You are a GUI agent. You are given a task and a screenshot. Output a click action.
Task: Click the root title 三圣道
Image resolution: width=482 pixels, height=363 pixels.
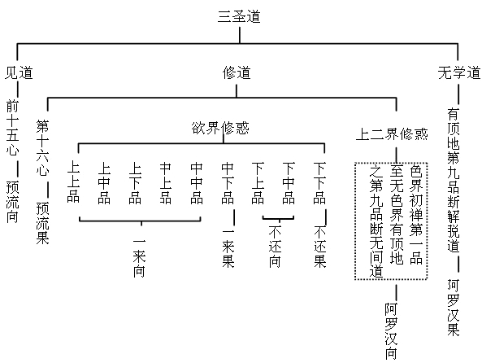tap(239, 16)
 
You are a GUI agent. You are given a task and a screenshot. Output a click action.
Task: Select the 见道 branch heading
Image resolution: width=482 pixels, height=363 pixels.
tap(19, 73)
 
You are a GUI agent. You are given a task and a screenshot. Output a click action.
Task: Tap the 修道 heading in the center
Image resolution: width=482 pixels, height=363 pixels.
tap(237, 73)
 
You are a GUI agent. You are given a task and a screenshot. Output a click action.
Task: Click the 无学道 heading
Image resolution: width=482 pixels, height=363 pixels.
tap(459, 73)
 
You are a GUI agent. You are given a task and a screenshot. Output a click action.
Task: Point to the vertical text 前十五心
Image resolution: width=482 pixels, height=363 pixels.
tap(12, 128)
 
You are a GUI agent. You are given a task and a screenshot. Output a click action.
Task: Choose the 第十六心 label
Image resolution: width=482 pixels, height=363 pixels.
tap(42, 148)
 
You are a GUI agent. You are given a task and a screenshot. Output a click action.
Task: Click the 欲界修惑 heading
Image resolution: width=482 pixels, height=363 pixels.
tap(220, 128)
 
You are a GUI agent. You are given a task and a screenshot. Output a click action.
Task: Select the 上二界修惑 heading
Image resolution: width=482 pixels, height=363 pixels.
tap(392, 134)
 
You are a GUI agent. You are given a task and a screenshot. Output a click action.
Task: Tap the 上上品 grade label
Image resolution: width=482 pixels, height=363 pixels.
tap(73, 181)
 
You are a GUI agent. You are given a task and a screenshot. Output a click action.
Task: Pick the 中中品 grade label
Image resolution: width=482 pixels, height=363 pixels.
tap(197, 183)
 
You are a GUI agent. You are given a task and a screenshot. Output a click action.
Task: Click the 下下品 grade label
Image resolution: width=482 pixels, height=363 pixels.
tap(319, 183)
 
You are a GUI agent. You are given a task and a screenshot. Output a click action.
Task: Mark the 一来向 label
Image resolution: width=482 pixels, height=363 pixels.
tap(139, 258)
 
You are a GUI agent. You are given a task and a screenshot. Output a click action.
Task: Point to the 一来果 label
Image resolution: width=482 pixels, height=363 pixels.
tap(228, 248)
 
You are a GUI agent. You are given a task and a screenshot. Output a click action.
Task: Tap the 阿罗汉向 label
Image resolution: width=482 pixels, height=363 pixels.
tap(391, 331)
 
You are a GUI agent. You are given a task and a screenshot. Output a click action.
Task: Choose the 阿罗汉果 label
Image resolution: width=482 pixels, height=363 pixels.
tap(454, 308)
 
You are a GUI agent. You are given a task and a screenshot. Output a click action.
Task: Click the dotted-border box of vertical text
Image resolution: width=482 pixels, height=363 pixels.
tap(355, 221)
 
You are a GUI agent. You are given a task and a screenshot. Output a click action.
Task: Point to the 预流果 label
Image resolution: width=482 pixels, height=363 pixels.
tap(42, 223)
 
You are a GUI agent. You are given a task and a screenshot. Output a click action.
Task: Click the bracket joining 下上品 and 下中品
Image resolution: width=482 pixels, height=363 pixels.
tap(278, 219)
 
